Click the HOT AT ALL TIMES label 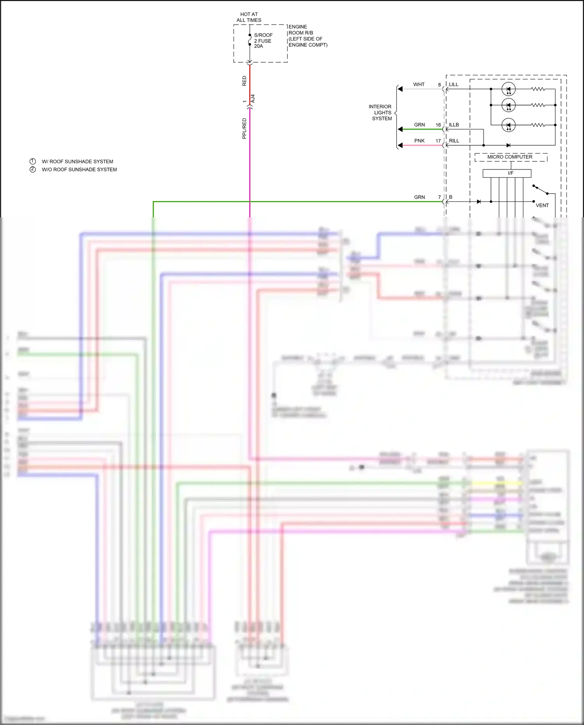[x=249, y=17]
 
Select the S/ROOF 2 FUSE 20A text [x=263, y=41]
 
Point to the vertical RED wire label [x=244, y=81]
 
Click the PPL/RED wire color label [x=244, y=129]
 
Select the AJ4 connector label [x=253, y=99]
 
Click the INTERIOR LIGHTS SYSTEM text [x=381, y=113]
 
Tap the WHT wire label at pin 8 [x=419, y=85]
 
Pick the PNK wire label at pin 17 [x=419, y=141]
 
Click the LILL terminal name [x=454, y=85]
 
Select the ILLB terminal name [x=454, y=125]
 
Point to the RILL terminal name [x=454, y=141]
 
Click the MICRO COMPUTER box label [x=510, y=157]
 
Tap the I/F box [x=507, y=173]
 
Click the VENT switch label [x=542, y=205]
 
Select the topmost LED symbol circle [x=508, y=89]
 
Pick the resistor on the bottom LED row [x=538, y=125]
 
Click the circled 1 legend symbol [x=33, y=161]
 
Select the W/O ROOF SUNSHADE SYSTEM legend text [x=79, y=169]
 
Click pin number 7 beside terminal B [x=440, y=197]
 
